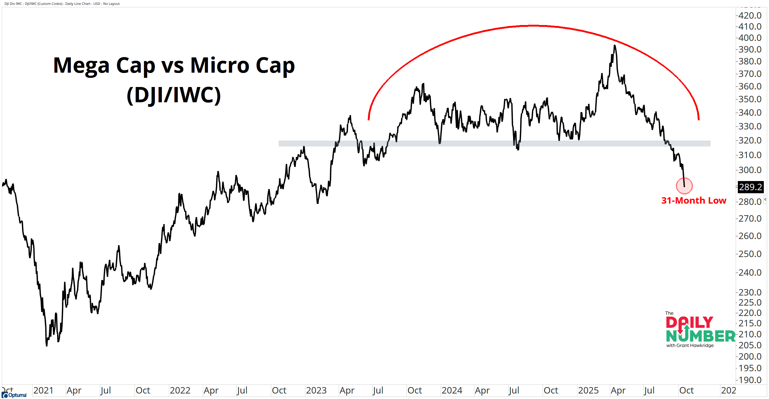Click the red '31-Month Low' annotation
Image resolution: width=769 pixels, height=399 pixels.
click(x=694, y=201)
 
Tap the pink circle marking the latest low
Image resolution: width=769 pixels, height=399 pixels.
click(x=684, y=186)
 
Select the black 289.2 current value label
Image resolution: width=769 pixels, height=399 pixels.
click(x=750, y=187)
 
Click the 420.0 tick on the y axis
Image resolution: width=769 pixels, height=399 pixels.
click(x=750, y=15)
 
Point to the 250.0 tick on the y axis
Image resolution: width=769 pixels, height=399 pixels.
click(x=750, y=254)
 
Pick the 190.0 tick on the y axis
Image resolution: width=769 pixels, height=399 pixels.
click(x=750, y=380)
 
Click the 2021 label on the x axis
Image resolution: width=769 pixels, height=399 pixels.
click(x=43, y=390)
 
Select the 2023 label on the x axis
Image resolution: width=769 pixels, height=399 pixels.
click(x=316, y=390)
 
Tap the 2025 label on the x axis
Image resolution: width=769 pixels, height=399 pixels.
click(x=588, y=390)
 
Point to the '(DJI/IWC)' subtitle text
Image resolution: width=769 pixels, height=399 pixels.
click(x=173, y=95)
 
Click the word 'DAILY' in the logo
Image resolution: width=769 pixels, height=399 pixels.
click(x=689, y=322)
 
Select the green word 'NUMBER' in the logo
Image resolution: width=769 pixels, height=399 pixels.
click(x=701, y=336)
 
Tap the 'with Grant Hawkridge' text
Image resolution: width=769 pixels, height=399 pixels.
click(x=690, y=346)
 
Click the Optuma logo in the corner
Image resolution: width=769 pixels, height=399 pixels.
click(x=14, y=395)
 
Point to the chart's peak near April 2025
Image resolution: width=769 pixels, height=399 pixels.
click(x=614, y=45)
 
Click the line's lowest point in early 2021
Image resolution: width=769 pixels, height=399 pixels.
click(x=47, y=345)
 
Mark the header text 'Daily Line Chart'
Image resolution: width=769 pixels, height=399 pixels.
click(x=78, y=4)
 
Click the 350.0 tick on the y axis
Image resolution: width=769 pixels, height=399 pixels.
click(x=750, y=99)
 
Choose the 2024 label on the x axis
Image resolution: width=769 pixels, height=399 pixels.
click(x=452, y=390)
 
